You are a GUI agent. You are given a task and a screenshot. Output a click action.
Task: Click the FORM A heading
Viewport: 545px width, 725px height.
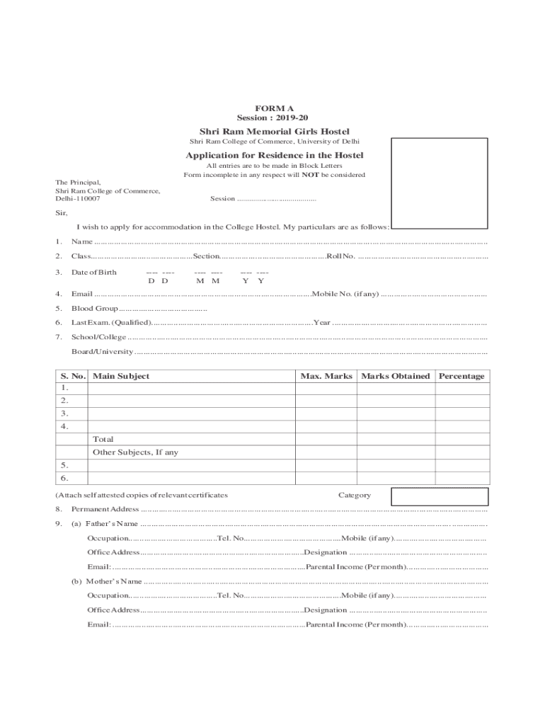pos(274,108)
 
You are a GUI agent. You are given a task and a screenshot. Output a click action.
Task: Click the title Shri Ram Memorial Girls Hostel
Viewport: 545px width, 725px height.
pos(274,132)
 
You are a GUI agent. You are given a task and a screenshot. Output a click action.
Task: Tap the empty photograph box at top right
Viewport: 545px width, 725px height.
pos(440,183)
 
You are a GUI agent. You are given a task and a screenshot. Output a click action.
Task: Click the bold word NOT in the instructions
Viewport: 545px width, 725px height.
pos(310,175)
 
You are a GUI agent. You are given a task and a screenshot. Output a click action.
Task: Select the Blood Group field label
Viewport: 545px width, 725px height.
pos(94,309)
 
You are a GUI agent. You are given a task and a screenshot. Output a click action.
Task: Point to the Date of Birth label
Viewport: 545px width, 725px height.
pos(94,273)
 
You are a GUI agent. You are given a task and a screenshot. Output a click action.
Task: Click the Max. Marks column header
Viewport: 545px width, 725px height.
pos(326,377)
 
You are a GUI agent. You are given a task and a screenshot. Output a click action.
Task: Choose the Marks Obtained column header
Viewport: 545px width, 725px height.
pos(395,377)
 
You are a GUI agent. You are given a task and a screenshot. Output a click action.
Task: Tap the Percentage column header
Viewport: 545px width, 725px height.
pos(461,377)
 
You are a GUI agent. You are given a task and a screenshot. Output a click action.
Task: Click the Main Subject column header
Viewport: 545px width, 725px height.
pos(121,377)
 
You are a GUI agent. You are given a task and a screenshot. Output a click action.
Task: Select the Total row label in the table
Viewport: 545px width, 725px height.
pos(103,440)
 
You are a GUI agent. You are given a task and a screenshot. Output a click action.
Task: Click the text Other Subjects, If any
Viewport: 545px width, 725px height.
pos(135,452)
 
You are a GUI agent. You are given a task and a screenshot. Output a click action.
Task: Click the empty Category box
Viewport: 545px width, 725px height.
pos(440,496)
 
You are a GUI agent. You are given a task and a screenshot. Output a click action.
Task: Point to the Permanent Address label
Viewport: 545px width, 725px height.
pos(105,510)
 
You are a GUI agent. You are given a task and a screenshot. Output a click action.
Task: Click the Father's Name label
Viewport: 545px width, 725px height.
pos(112,524)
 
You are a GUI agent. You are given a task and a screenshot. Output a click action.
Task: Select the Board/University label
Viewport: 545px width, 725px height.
pos(102,352)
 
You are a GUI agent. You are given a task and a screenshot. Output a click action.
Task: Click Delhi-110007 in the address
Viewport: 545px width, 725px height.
pos(78,199)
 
